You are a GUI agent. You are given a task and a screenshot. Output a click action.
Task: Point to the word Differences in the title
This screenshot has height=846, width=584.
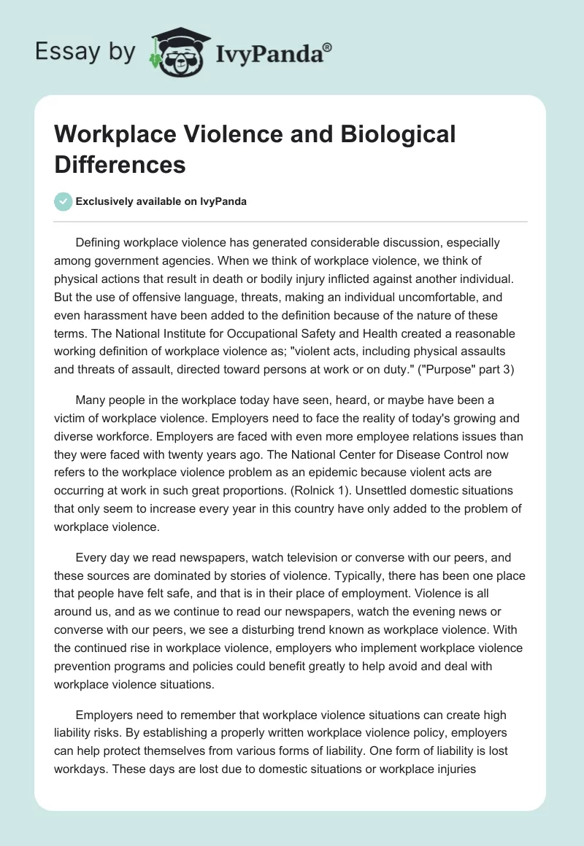[x=120, y=164]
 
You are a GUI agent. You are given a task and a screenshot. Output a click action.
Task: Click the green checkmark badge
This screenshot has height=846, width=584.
[x=64, y=201]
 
